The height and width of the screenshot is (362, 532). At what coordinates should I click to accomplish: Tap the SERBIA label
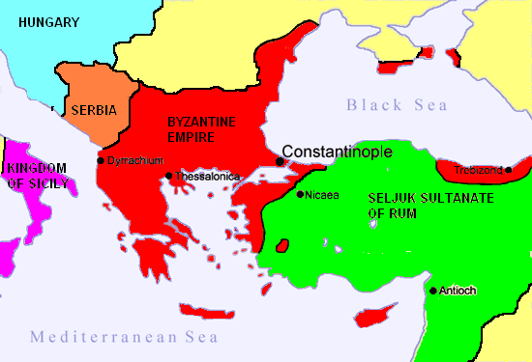point(94,110)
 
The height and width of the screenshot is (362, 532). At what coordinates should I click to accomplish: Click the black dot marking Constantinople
point(280,161)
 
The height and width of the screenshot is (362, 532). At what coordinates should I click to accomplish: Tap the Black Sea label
point(395,105)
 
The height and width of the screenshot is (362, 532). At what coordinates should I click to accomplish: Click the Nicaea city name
point(322,195)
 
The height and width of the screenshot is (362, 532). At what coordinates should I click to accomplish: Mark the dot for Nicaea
point(299,195)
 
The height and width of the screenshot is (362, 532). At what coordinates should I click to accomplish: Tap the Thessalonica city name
point(206,177)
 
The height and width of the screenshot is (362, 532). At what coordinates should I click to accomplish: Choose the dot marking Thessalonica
point(168,176)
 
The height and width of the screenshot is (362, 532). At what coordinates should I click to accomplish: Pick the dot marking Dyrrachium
point(101,160)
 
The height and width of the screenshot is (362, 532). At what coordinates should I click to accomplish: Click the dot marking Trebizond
point(509,170)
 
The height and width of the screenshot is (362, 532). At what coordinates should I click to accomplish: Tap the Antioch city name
point(457,290)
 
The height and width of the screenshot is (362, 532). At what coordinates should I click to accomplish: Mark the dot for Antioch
point(431,290)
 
